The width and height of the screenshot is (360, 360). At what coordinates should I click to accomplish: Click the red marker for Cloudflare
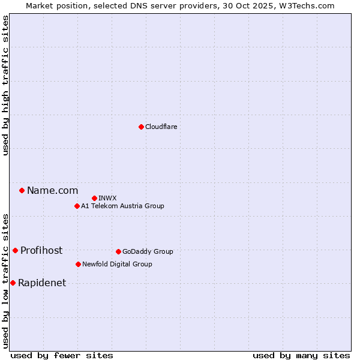[x=141, y=127]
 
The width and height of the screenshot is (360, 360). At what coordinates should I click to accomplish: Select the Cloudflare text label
[x=161, y=127]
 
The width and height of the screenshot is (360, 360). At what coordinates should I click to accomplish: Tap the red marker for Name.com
[x=22, y=190]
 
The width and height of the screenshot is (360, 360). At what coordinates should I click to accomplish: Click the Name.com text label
[x=52, y=190]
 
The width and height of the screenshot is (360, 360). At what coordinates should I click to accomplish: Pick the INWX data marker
[x=94, y=198]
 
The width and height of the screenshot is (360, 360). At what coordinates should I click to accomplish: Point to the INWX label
[x=107, y=198]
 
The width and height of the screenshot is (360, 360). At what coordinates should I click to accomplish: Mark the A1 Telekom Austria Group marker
[x=77, y=206]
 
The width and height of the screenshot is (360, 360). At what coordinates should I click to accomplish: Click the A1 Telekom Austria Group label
[x=122, y=206]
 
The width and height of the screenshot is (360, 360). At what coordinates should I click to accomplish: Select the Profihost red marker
[x=15, y=250]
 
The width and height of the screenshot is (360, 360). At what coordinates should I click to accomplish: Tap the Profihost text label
[x=41, y=250]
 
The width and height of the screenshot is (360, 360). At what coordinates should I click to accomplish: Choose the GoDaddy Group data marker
[x=118, y=251]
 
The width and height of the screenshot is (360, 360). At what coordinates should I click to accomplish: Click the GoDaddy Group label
[x=148, y=251]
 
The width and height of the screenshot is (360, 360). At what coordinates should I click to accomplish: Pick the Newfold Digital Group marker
[x=78, y=264]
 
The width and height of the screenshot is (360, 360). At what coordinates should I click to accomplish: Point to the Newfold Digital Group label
[x=117, y=264]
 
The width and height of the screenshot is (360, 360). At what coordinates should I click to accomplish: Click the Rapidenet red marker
[x=13, y=283]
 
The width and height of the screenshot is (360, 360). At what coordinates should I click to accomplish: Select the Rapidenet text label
[x=42, y=283]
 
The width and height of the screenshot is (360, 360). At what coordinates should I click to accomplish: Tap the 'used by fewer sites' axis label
[x=62, y=355]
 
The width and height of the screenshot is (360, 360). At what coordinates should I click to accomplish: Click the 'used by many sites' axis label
[x=301, y=355]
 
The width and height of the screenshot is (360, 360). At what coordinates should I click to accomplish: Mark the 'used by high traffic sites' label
[x=6, y=86]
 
